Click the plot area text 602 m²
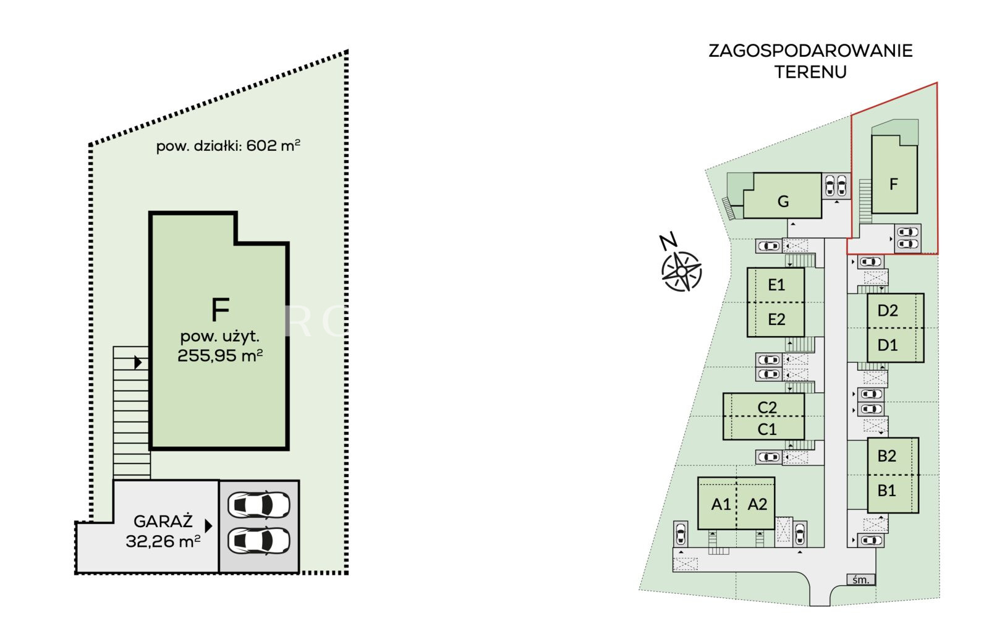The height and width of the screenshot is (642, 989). tap(273, 146)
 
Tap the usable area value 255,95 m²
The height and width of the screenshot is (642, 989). tap(220, 356)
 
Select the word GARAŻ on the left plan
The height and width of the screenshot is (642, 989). tap(163, 522)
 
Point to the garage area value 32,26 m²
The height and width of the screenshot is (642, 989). tap(163, 541)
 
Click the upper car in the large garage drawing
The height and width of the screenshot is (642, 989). tap(259, 505)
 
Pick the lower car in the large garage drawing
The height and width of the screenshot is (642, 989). tap(259, 541)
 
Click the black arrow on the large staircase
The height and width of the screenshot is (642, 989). tap(138, 362)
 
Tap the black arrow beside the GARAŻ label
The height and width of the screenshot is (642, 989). tap(208, 526)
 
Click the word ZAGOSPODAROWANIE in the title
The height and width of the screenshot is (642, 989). tap(810, 51)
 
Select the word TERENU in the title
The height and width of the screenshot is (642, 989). tap(810, 72)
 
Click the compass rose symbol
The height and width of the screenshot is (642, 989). tap(681, 271)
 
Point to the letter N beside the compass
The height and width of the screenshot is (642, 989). tap(668, 241)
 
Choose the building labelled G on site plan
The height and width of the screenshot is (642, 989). tap(783, 201)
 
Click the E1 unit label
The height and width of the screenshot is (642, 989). tap(776, 285)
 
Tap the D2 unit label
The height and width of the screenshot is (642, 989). tap(888, 310)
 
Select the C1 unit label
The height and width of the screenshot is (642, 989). tap(767, 429)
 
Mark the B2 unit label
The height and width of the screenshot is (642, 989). tap(886, 456)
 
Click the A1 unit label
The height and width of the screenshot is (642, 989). tap(721, 505)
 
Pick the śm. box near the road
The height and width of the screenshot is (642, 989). tap(861, 580)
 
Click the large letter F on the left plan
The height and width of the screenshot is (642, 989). tap(220, 310)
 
